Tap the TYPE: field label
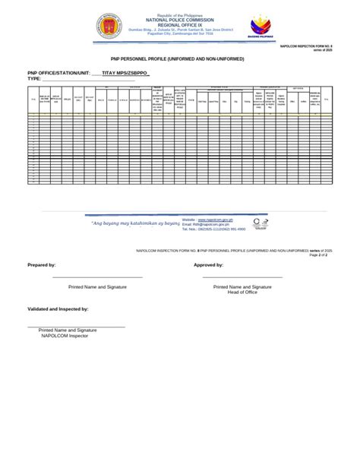coord(34,79)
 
